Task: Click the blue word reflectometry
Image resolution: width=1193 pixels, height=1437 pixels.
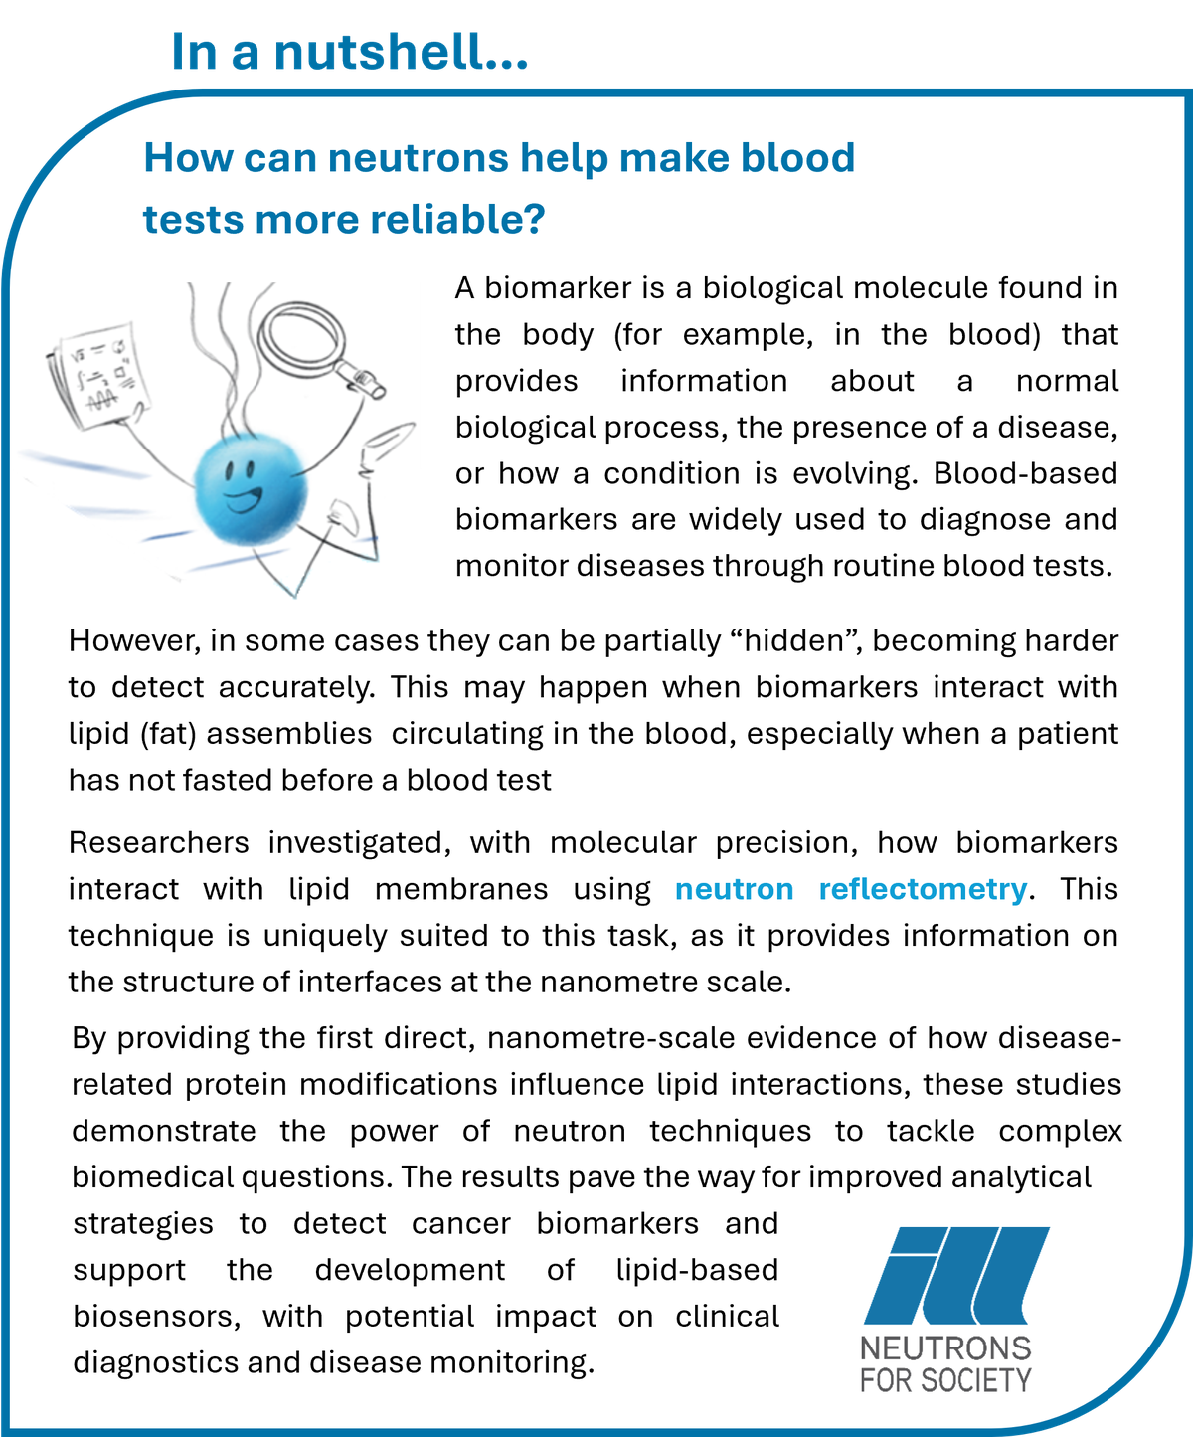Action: click(922, 888)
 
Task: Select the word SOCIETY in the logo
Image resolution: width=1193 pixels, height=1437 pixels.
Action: click(978, 1380)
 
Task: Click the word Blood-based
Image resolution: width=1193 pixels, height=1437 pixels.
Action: click(1025, 473)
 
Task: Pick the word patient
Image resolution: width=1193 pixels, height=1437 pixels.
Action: click(1065, 733)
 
